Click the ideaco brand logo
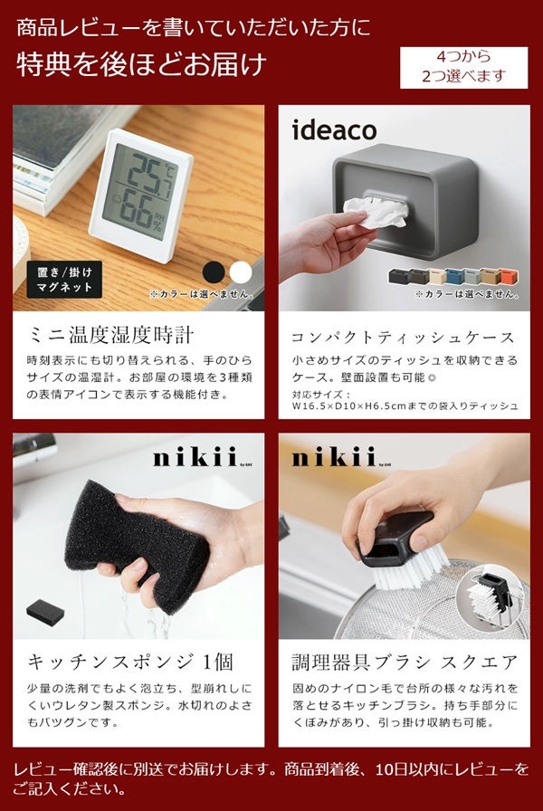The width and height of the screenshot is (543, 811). click(x=334, y=129)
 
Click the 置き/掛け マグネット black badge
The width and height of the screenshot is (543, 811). click(x=64, y=280)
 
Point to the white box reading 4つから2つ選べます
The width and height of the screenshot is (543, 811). click(x=464, y=67)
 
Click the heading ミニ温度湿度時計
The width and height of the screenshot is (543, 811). click(x=111, y=336)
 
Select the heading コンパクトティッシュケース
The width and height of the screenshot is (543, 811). click(x=404, y=338)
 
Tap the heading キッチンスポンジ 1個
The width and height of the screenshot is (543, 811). click(x=130, y=662)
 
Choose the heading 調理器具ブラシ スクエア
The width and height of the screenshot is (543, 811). click(x=405, y=662)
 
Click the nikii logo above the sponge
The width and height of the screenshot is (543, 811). click(x=195, y=458)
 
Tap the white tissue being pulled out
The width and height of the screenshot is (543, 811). click(x=375, y=211)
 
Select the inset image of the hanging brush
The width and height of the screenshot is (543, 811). click(x=490, y=596)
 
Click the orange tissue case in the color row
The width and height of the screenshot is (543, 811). click(x=509, y=276)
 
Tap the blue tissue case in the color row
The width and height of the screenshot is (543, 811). click(x=454, y=276)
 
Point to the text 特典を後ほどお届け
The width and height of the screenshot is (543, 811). click(x=141, y=64)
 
